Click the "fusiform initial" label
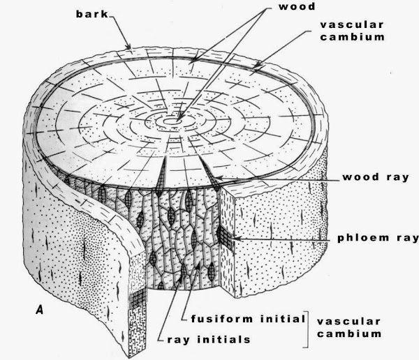248,318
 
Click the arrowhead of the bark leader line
132,48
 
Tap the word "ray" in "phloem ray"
405,238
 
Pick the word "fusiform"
221,318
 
